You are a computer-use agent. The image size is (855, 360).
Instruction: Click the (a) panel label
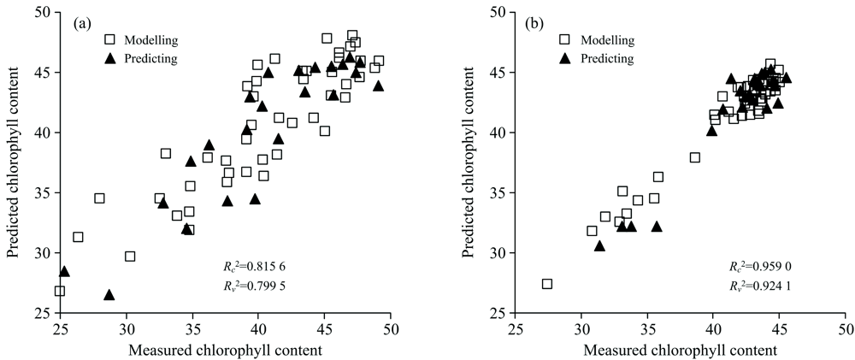tap(83, 23)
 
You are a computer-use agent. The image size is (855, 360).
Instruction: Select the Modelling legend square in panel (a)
tap(109, 39)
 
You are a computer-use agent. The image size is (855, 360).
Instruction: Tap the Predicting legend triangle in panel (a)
tap(109, 58)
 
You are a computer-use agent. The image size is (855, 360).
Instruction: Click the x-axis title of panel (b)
tap(680, 349)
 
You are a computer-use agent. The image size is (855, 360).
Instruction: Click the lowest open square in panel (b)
tap(547, 284)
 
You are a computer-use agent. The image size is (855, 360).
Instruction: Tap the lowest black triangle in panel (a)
tap(109, 295)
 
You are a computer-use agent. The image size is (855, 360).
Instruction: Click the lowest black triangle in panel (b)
tap(600, 246)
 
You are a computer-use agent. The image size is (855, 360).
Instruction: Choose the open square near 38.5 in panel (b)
tap(695, 157)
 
